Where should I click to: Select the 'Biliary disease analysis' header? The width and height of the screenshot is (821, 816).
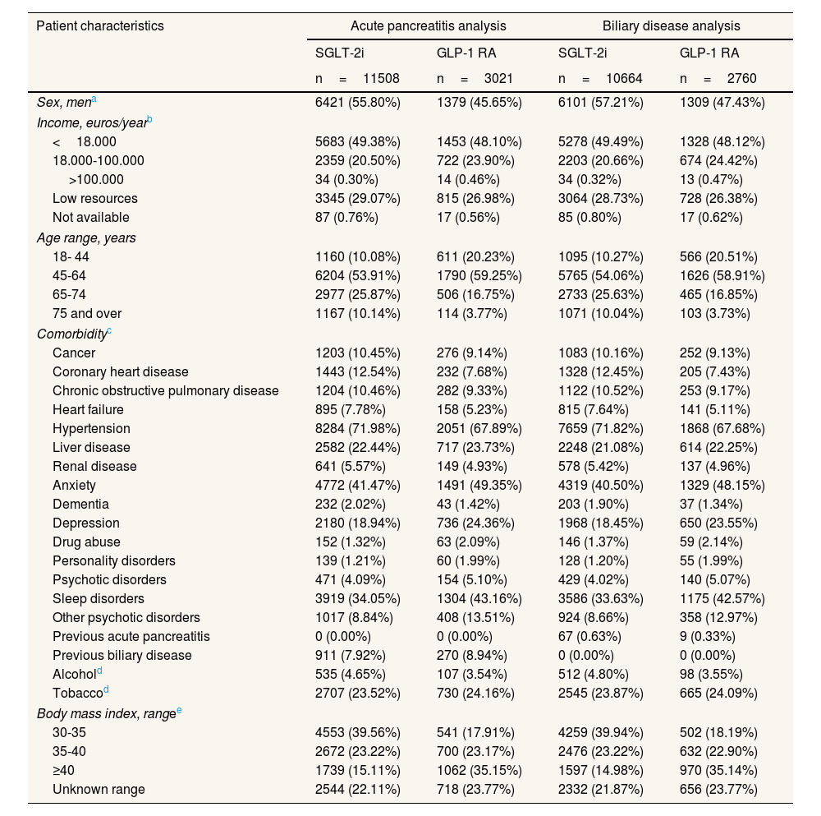pyautogui.click(x=672, y=25)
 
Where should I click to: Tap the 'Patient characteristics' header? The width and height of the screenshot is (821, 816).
pyautogui.click(x=100, y=25)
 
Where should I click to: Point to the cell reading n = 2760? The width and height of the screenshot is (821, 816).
pyautogui.click(x=718, y=79)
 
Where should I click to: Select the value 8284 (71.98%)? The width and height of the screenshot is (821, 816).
pyautogui.click(x=357, y=429)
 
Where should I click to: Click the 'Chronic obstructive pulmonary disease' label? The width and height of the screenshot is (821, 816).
pyautogui.click(x=165, y=391)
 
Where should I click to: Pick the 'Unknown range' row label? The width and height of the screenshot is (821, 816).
pyautogui.click(x=99, y=790)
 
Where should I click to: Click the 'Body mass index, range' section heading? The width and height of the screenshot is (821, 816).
pyautogui.click(x=108, y=713)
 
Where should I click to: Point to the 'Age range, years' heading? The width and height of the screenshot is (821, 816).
pyautogui.click(x=86, y=238)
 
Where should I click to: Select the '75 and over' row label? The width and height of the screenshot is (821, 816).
pyautogui.click(x=87, y=314)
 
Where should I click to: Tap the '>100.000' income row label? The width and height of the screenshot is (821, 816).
pyautogui.click(x=96, y=179)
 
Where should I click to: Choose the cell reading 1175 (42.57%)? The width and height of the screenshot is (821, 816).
pyautogui.click(x=722, y=599)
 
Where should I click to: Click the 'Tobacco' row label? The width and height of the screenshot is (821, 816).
pyautogui.click(x=76, y=694)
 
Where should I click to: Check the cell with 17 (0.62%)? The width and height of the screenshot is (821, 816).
pyautogui.click(x=711, y=218)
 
